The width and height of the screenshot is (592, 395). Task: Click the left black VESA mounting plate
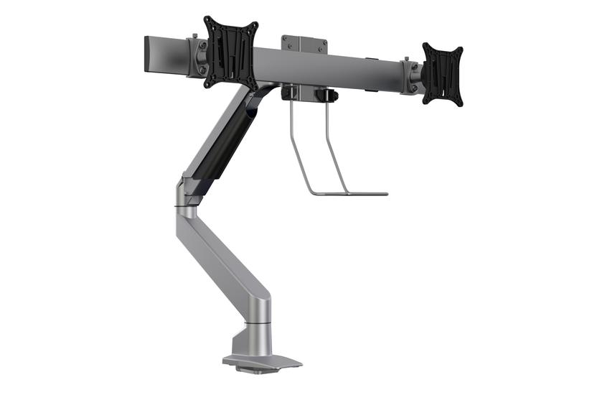click(x=230, y=52)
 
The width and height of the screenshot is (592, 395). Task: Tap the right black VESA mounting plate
click(x=441, y=74)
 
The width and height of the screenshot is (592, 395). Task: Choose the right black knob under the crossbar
click(x=331, y=96)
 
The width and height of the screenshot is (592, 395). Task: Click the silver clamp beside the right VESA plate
click(x=413, y=77)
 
